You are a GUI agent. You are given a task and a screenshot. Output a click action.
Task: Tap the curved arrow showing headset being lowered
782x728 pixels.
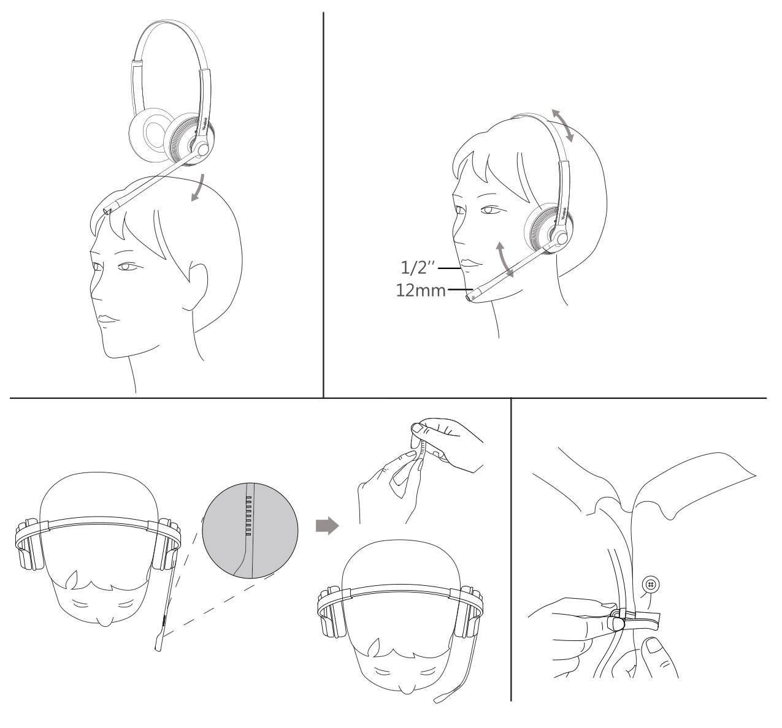197,187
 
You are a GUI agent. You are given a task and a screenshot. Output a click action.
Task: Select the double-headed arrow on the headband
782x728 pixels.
561,125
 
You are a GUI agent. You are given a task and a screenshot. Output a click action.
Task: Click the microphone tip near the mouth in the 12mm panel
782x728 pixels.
471,297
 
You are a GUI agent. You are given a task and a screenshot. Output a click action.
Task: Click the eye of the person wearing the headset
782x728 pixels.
487,211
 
